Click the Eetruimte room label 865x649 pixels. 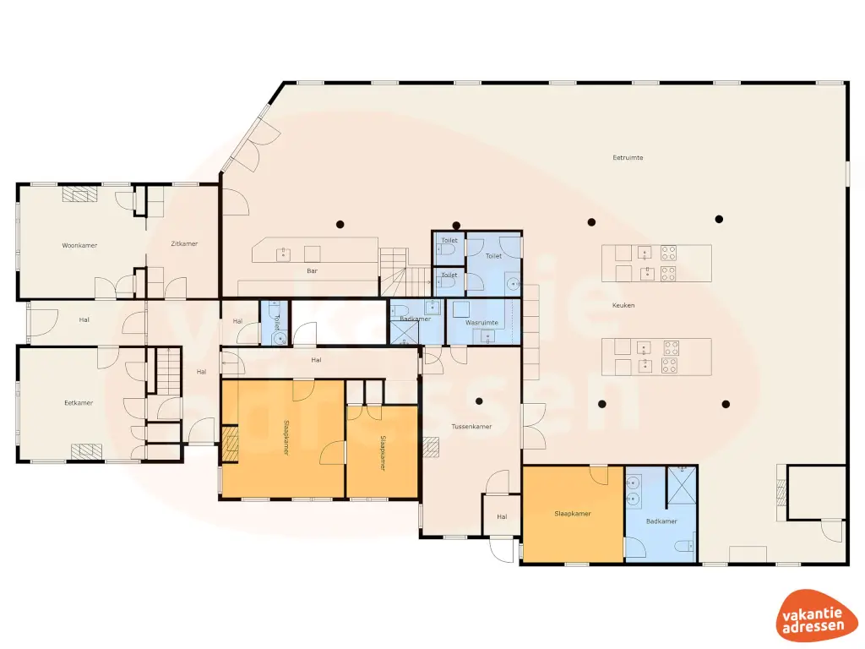coord(628,158)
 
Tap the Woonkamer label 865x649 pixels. coord(79,246)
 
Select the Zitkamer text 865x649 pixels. coord(183,244)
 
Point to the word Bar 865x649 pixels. coord(312,271)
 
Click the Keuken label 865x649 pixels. coord(623,305)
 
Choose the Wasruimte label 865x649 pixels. coord(482,323)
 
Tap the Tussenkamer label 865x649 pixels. coord(471,427)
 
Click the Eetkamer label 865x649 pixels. coord(79,403)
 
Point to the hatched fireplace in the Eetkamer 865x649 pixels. coord(86,451)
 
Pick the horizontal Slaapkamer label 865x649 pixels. coord(573,513)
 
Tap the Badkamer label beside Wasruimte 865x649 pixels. coord(416,319)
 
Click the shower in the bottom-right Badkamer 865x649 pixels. coord(681,484)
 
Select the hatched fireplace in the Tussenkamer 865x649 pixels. coord(432,447)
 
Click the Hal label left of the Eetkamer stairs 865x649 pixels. coord(84,319)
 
